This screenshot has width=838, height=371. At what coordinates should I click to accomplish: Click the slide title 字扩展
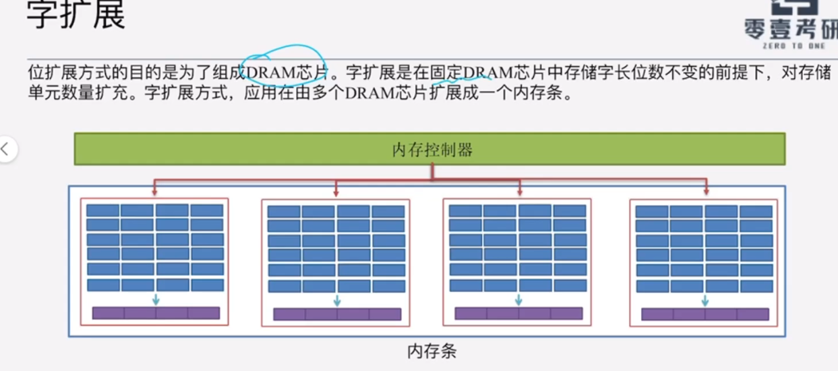click(x=76, y=15)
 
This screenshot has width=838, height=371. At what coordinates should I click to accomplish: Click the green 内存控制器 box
click(x=429, y=150)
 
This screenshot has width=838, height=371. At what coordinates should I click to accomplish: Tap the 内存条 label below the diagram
click(x=432, y=351)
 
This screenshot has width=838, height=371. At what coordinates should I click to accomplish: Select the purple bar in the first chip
click(x=156, y=313)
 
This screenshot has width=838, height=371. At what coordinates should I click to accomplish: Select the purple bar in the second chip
click(x=337, y=314)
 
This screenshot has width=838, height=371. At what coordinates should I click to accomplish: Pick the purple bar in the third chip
click(x=518, y=314)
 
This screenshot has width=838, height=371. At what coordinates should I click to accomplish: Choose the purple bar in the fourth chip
click(x=705, y=314)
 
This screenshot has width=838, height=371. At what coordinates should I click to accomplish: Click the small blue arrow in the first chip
click(x=156, y=299)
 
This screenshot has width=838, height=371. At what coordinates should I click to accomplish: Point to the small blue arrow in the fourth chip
click(x=705, y=300)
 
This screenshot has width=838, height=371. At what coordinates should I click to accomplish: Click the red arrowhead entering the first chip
click(x=154, y=192)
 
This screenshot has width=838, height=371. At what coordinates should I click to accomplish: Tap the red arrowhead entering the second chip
click(x=336, y=193)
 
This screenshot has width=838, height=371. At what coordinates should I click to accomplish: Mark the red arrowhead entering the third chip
click(x=518, y=193)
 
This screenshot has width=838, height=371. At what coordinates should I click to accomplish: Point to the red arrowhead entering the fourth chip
click(x=706, y=192)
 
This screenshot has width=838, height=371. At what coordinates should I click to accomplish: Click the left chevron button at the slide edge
click(x=5, y=149)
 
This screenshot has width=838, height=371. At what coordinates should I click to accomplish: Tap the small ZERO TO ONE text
click(x=794, y=46)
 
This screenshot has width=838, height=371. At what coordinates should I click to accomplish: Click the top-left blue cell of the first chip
click(x=102, y=210)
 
